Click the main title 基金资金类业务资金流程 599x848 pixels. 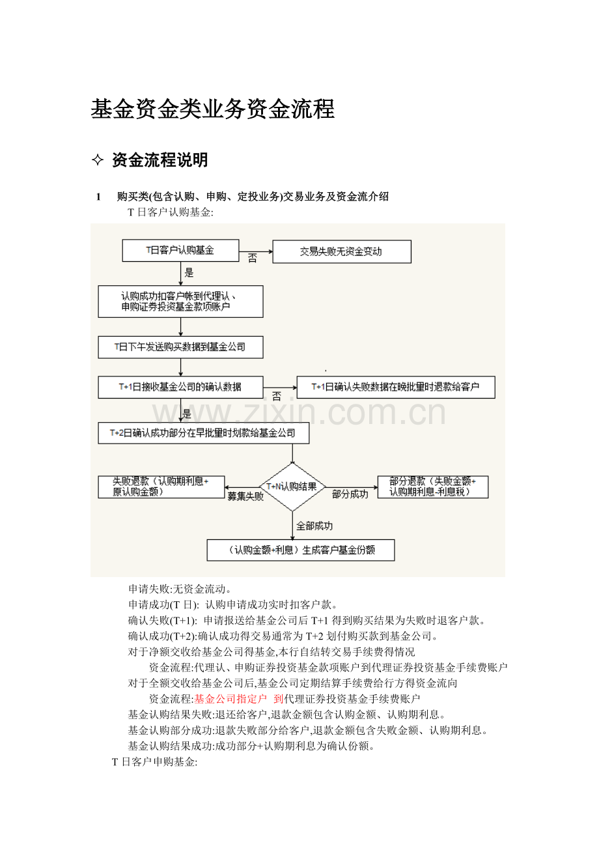213,109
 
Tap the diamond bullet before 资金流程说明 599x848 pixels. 98,160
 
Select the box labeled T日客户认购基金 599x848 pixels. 180,250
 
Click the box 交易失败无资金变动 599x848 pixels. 342,251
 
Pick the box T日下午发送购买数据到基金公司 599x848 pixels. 180,347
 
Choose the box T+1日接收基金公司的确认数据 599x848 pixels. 180,387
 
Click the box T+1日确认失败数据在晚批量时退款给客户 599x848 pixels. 396,387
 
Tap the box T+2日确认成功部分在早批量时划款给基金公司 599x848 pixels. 204,433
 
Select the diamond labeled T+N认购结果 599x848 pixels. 292,487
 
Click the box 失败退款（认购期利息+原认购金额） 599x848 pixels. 161,487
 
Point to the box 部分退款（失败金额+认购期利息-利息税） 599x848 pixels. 433,487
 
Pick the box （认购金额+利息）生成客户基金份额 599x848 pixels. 301,550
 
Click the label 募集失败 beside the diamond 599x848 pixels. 245,496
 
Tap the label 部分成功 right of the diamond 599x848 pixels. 350,494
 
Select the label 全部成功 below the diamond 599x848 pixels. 314,526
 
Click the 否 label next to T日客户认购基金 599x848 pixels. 253,258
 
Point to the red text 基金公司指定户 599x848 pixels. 230,699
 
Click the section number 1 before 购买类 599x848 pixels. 98,197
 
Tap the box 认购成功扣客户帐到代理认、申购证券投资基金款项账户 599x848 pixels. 180,302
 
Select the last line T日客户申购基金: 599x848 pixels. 155,762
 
